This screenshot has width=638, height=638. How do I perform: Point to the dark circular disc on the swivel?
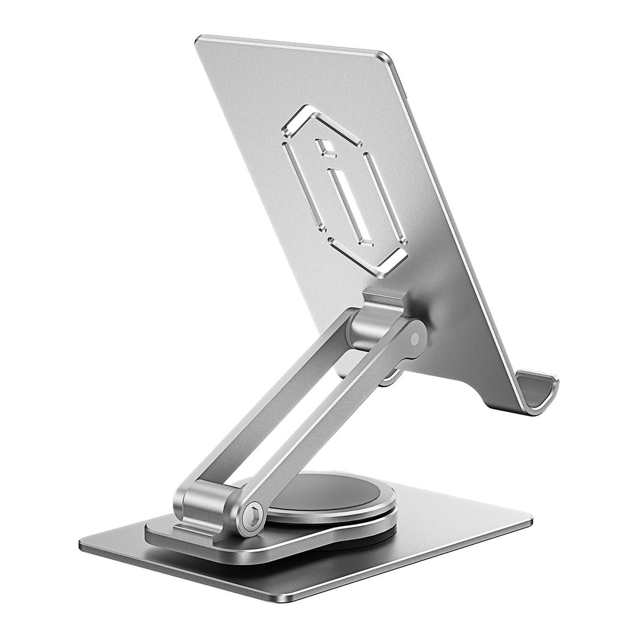tap(324, 492)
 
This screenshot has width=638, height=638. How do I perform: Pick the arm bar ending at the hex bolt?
tap(336, 424)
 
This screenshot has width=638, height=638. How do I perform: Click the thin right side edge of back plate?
tap(449, 218)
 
